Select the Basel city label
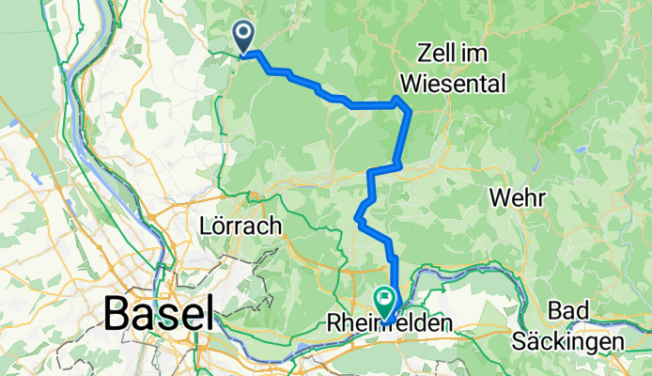click(159, 312)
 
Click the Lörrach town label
click(241, 226)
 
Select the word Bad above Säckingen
click(569, 311)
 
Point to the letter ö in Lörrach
click(220, 226)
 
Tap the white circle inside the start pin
click(243, 34)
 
